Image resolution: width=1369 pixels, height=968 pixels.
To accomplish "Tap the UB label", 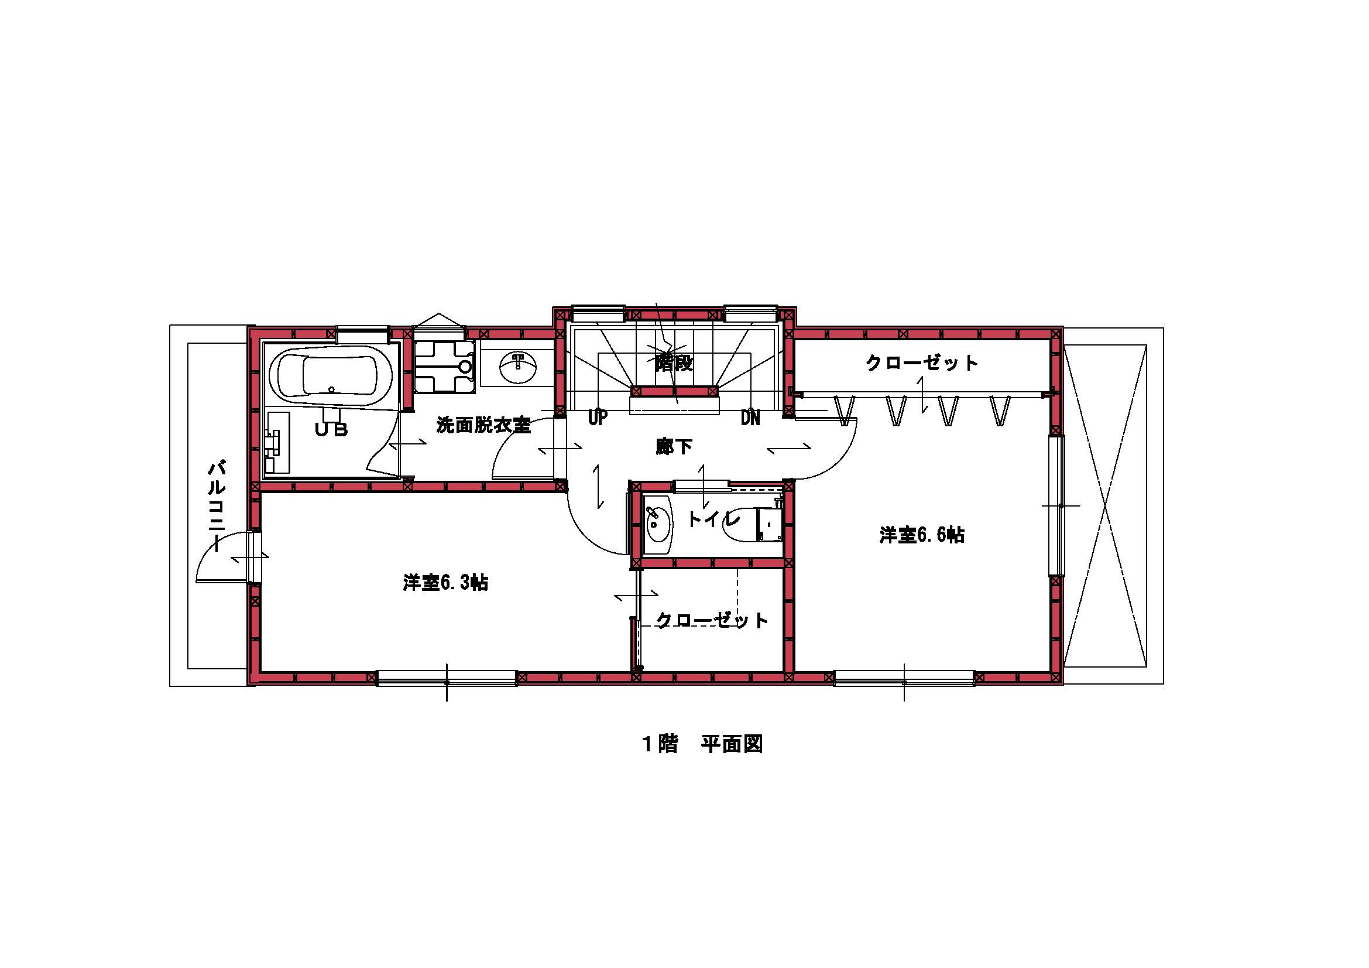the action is click(331, 429).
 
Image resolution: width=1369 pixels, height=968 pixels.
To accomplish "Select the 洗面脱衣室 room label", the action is click(483, 425).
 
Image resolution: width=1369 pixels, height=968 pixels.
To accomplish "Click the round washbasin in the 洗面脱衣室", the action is click(517, 367).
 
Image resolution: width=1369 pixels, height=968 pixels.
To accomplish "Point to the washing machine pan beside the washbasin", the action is click(445, 366).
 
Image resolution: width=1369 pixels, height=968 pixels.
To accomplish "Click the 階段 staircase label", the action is click(674, 362).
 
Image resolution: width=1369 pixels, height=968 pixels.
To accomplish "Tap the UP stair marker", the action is click(598, 418).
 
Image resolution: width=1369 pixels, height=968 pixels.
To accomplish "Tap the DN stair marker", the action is click(751, 418).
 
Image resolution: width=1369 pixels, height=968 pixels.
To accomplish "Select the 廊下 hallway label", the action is click(674, 446).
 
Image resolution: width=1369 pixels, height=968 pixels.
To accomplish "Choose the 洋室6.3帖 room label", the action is click(445, 582).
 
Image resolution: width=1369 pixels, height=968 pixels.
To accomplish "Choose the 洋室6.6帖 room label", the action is click(922, 535).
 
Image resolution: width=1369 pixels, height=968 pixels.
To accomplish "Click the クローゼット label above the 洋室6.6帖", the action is click(922, 362).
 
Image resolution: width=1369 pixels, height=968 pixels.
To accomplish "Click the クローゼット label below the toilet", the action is click(712, 620).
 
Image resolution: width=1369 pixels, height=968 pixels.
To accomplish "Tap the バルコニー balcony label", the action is click(217, 505).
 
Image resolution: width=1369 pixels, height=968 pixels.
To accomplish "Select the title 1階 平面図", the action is click(702, 744).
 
